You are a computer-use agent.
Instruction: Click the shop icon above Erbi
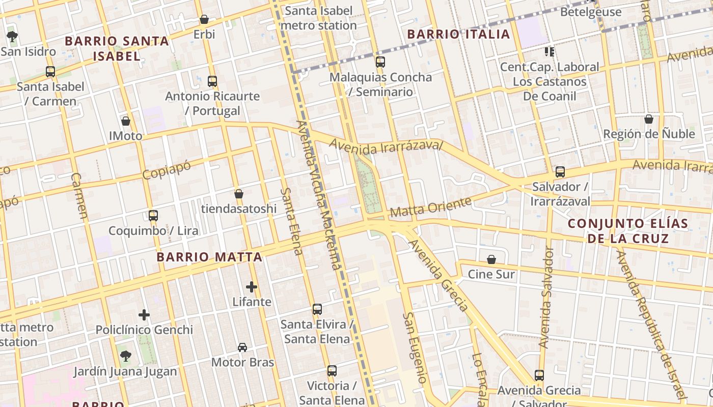click(x=204, y=19)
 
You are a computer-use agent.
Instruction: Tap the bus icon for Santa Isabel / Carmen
click(x=50, y=72)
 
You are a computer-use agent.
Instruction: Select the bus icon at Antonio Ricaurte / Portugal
click(x=212, y=81)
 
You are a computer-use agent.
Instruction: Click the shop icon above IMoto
click(x=126, y=121)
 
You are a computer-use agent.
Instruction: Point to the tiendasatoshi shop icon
click(x=238, y=194)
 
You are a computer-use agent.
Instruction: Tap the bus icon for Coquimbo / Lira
click(x=153, y=215)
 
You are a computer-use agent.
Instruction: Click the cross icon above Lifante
click(x=252, y=287)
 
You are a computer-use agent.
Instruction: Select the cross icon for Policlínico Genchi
click(x=144, y=315)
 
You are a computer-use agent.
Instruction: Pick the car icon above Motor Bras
click(x=242, y=347)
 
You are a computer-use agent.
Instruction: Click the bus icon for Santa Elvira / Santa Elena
click(x=317, y=309)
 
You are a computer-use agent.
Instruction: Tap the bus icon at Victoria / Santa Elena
click(x=332, y=370)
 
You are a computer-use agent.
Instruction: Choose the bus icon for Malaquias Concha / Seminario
click(x=380, y=62)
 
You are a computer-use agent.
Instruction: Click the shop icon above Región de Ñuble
click(x=649, y=119)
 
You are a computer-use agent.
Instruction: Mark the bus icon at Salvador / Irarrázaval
click(x=560, y=172)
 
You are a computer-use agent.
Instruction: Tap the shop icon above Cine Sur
click(x=491, y=259)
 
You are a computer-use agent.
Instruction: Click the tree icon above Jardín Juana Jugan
click(x=125, y=356)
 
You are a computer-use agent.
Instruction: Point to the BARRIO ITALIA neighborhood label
click(x=459, y=34)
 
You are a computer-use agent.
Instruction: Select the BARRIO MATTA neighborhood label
click(x=209, y=257)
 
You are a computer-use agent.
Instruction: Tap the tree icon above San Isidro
click(x=12, y=36)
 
